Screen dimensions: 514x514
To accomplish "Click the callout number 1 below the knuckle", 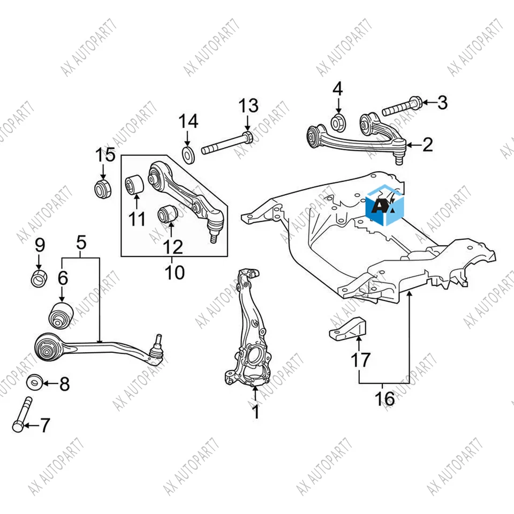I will [255, 411].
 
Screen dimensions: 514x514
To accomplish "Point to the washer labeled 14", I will [188, 155].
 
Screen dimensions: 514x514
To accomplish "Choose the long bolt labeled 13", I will [227, 143].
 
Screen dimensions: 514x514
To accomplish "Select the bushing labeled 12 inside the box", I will [168, 215].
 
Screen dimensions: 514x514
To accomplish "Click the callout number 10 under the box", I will [175, 272].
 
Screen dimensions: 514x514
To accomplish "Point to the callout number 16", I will [384, 398].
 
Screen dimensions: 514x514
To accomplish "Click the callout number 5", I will [81, 243].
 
